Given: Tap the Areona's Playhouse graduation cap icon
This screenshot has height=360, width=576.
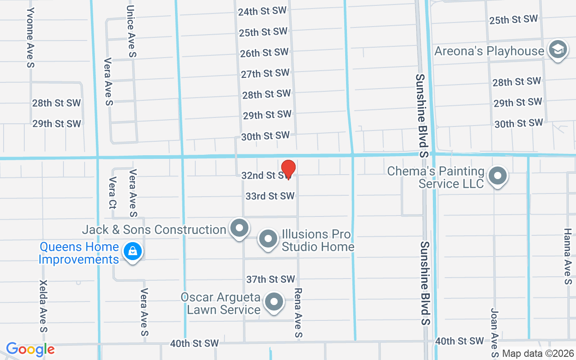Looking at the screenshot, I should pyautogui.click(x=557, y=50).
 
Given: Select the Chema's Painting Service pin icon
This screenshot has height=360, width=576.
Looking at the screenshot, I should pyautogui.click(x=497, y=176).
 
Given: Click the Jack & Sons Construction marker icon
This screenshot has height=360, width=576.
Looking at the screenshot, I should pyautogui.click(x=239, y=228).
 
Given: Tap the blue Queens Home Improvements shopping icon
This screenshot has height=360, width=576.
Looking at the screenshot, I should pyautogui.click(x=133, y=252).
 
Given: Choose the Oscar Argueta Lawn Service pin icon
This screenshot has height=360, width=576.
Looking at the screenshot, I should pyautogui.click(x=274, y=302).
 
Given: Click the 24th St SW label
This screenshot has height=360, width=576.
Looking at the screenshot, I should pyautogui.click(x=262, y=11).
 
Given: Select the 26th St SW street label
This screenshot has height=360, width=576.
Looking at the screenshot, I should pyautogui.click(x=264, y=53).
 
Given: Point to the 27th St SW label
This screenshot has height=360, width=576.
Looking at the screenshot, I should pyautogui.click(x=265, y=73).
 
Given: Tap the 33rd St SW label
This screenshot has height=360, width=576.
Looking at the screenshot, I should pyautogui.click(x=270, y=196).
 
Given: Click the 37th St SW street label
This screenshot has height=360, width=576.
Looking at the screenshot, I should pyautogui.click(x=270, y=279).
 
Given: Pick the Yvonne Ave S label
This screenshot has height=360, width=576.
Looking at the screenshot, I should pyautogui.click(x=31, y=37).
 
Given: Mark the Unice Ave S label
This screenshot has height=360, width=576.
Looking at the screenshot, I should pyautogui.click(x=131, y=31).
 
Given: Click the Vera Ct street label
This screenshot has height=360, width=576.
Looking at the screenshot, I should pyautogui.click(x=112, y=193).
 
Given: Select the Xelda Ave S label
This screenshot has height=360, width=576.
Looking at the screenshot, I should pyautogui.click(x=44, y=306).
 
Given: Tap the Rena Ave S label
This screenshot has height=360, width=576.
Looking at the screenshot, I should pyautogui.click(x=297, y=313).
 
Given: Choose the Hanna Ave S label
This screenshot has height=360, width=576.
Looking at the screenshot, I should pyautogui.click(x=567, y=256).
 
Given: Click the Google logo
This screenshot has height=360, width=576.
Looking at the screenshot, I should pyautogui.click(x=30, y=349).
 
